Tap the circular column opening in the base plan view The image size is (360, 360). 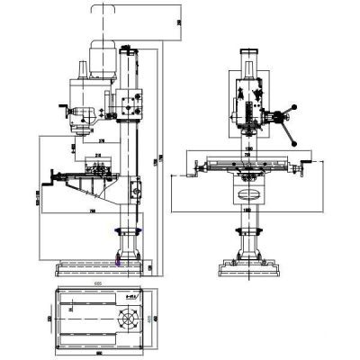(x=127, y=319)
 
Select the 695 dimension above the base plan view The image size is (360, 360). (x=96, y=283)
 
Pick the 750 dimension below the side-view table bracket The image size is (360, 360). (x=93, y=211)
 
